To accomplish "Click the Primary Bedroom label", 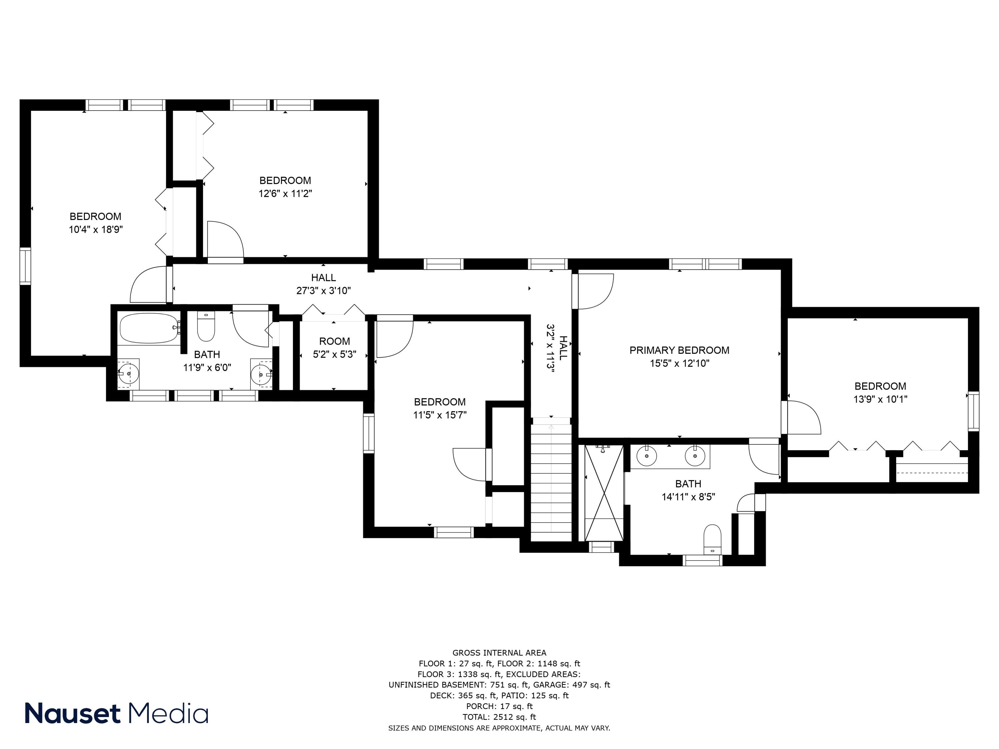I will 679,350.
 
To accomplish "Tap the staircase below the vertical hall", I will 551,481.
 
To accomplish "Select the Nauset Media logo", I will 117,713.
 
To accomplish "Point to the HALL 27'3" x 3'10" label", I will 323,284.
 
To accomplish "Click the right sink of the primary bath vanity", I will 695,456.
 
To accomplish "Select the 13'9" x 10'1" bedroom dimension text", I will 880,399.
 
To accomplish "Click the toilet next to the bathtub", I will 206,329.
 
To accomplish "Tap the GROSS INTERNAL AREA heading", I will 499,653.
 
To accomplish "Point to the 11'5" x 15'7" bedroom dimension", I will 440,415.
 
